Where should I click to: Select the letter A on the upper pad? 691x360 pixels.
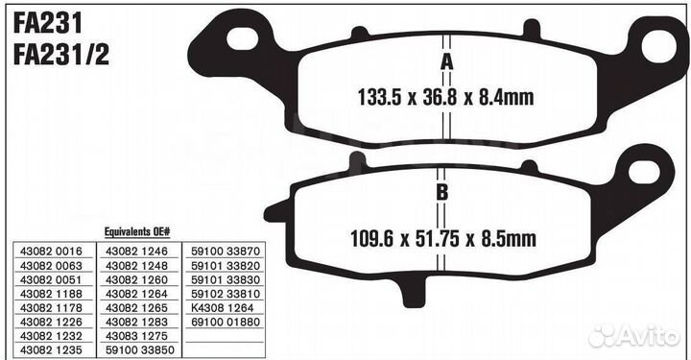point(447,61)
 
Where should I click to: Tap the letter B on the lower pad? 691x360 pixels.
point(442,192)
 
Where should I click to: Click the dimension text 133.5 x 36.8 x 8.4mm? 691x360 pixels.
point(445,97)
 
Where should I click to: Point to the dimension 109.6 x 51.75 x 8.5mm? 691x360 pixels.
point(443,238)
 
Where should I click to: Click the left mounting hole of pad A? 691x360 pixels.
point(242,38)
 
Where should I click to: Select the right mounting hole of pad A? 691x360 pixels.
point(658,46)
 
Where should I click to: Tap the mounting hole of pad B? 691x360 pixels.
point(644,172)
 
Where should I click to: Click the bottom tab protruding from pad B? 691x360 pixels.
point(414,291)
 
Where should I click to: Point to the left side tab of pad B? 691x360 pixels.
point(276,211)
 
